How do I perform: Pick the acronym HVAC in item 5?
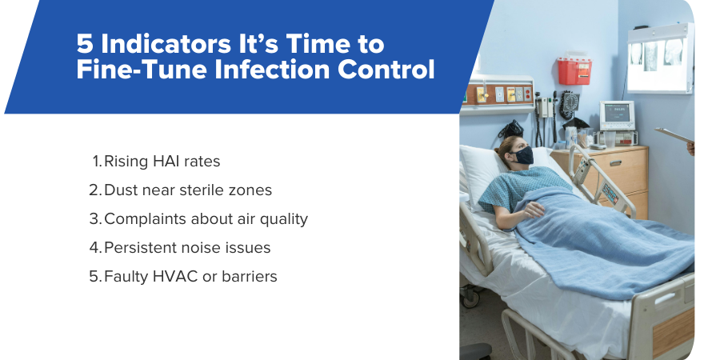point(169,276)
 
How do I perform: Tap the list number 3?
point(94,218)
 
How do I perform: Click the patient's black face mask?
point(522,155)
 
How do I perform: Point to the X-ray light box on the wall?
point(659,57)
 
